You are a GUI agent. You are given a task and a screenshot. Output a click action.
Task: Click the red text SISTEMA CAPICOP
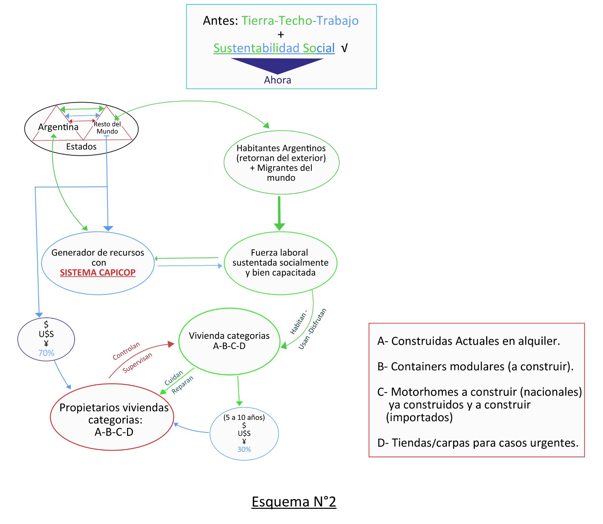click(98, 273)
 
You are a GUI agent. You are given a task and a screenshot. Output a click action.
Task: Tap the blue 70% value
click(46, 353)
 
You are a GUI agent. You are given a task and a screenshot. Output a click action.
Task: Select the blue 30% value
click(244, 449)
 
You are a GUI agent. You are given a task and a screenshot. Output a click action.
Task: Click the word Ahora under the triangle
click(277, 80)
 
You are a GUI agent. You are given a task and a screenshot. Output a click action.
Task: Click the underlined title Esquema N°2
click(294, 502)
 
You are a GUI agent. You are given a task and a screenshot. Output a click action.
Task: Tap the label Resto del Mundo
click(107, 128)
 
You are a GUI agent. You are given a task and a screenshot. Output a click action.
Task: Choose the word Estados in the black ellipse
click(81, 147)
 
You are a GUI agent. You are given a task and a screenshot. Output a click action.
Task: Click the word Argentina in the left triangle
click(58, 127)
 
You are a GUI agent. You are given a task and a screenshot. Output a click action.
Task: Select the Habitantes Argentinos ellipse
click(281, 162)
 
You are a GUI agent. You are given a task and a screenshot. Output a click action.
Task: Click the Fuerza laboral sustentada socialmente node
click(280, 263)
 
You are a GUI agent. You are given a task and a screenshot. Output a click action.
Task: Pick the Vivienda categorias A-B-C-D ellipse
click(229, 341)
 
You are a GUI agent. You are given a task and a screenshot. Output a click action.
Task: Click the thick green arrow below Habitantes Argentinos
click(279, 213)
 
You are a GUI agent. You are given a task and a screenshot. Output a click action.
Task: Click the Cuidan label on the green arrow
click(173, 378)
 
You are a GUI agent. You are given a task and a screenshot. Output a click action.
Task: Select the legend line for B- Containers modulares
click(475, 366)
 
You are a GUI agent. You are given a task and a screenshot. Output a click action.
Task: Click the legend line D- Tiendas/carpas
click(478, 443)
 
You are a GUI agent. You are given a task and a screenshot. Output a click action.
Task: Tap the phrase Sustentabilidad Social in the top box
click(274, 48)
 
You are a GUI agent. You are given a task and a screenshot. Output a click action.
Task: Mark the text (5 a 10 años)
click(244, 417)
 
